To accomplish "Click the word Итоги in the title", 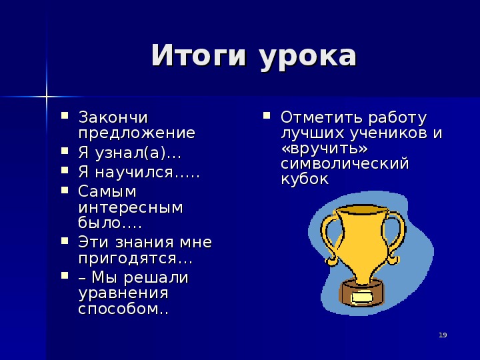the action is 199,55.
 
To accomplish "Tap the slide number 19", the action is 443,335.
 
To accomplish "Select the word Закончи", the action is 113,117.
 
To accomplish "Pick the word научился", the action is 135,173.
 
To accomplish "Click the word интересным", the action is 131,207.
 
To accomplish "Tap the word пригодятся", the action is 128,259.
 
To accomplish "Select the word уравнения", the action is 123,294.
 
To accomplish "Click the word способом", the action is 119,309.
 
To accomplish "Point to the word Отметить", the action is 323,117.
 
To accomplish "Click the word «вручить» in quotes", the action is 325,148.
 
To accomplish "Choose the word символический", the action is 345,163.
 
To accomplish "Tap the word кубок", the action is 305,179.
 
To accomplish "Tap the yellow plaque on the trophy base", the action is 362,297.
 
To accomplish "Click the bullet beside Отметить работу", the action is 266,115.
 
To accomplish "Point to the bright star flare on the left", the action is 47,97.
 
